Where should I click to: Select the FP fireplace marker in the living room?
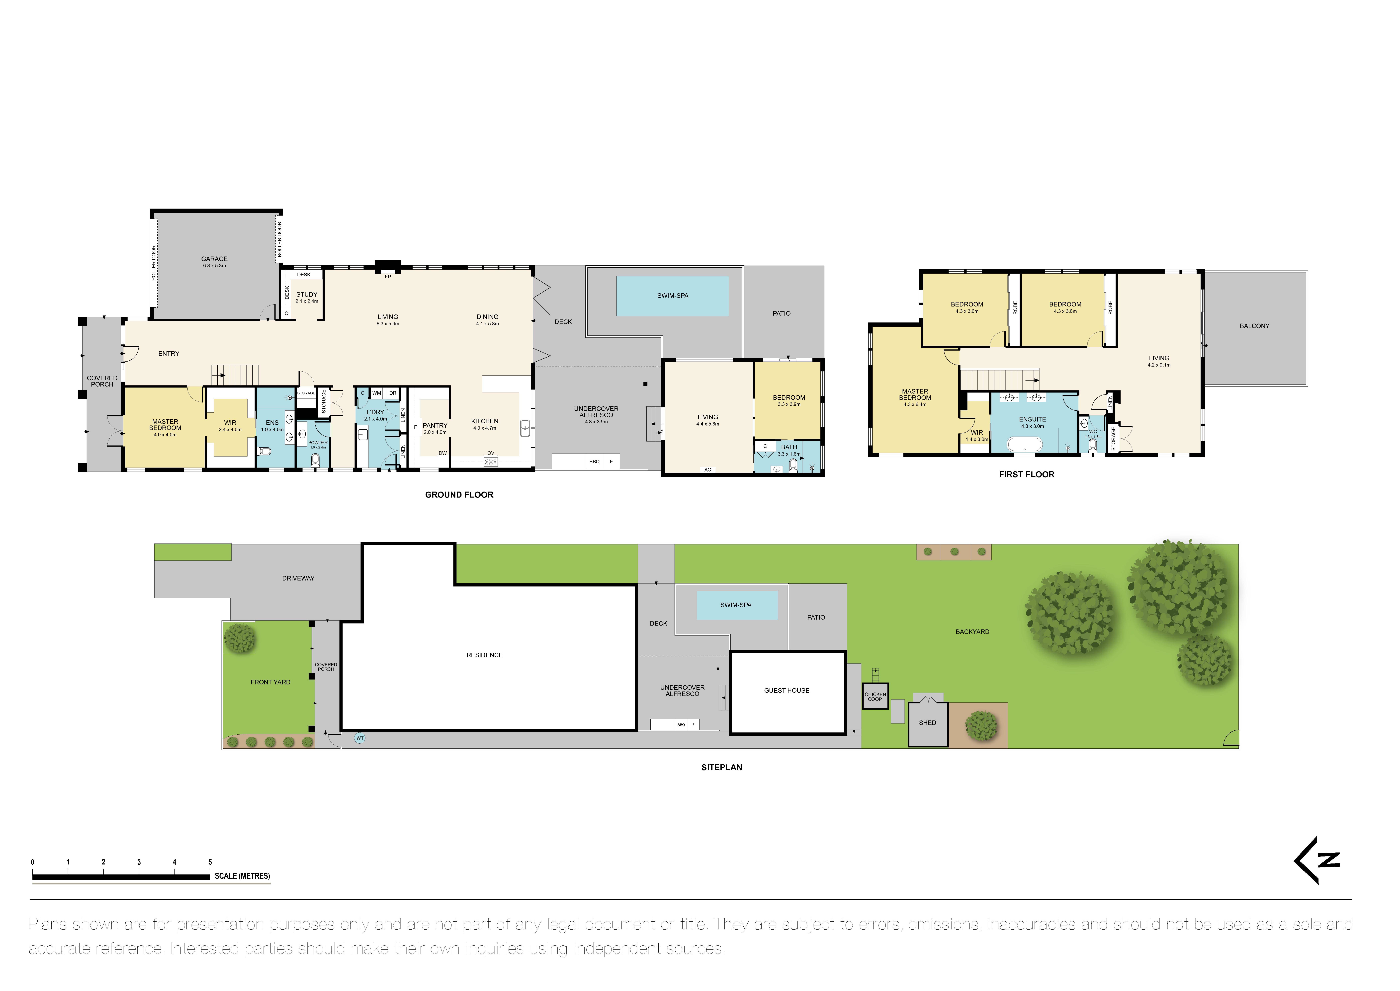point(387,276)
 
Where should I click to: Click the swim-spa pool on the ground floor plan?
point(673,296)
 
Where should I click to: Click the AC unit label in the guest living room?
point(707,470)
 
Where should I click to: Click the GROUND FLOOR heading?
point(459,495)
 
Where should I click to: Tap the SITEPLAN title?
point(721,768)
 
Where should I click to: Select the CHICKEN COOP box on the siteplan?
point(875,696)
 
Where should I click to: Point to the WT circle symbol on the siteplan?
point(360,738)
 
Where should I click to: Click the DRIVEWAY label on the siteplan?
point(298,578)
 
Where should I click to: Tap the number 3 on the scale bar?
point(139,862)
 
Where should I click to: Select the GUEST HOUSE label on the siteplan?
point(787,691)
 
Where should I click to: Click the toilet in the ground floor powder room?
point(315,460)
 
